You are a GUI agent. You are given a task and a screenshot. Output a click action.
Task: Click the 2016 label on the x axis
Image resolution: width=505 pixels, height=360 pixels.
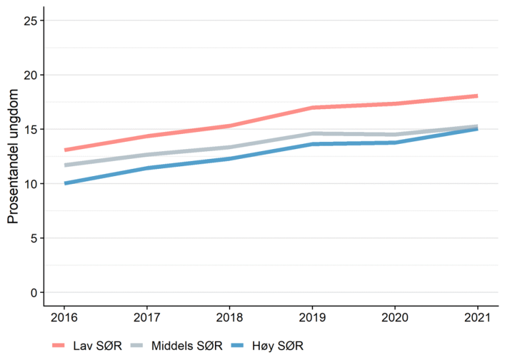(x=64, y=319)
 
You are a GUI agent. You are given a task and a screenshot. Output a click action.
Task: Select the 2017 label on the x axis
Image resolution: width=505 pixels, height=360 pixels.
(x=147, y=319)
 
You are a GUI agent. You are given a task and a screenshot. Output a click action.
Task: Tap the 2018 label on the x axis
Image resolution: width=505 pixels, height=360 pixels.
(x=229, y=319)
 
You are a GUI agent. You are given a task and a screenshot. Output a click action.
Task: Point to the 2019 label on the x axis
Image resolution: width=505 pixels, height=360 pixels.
(x=312, y=319)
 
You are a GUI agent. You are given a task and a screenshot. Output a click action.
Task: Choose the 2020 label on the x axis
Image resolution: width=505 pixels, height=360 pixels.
(x=395, y=319)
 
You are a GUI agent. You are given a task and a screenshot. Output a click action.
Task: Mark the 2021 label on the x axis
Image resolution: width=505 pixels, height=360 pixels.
(x=477, y=319)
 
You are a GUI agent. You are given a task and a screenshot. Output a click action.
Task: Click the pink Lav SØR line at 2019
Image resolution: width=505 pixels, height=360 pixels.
(x=312, y=108)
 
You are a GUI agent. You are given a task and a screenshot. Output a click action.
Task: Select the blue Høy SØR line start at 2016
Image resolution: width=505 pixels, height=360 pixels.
(x=65, y=183)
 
